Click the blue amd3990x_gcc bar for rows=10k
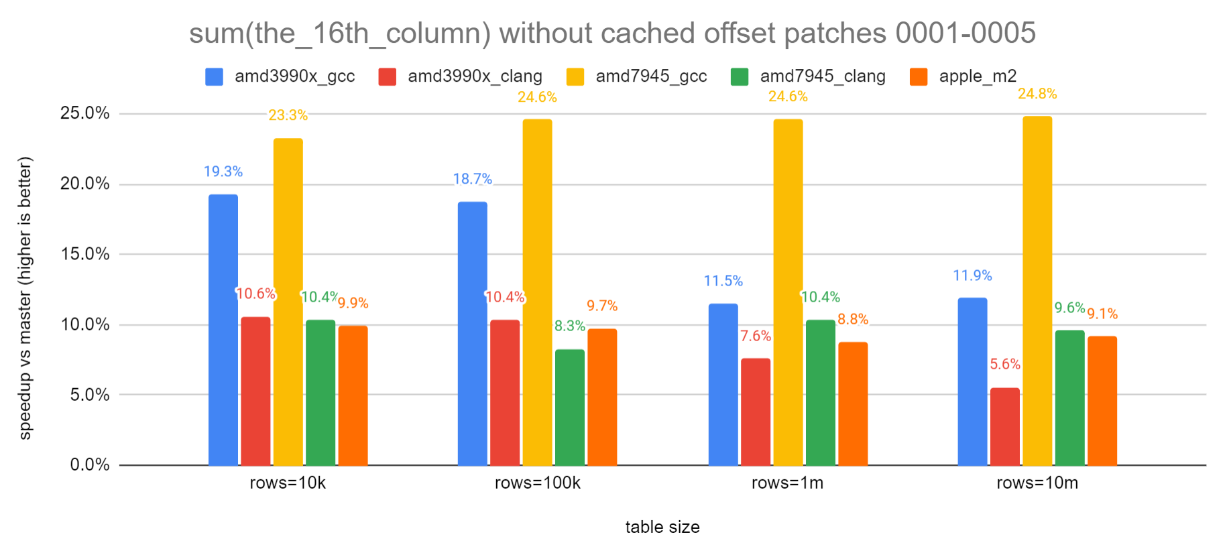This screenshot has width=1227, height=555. click(223, 330)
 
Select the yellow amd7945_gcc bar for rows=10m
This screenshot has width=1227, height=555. click(1037, 291)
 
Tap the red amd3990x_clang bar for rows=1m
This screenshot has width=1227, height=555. click(755, 412)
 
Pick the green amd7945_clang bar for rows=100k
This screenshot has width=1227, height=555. click(569, 407)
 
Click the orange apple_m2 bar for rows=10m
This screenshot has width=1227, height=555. click(1102, 400)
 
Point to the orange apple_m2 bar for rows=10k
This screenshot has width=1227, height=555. click(353, 395)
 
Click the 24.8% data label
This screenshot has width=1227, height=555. click(1037, 94)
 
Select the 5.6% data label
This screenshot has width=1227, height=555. click(1004, 364)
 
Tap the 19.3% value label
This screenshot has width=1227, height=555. click(223, 172)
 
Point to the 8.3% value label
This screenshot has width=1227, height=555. click(569, 326)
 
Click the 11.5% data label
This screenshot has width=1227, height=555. click(723, 281)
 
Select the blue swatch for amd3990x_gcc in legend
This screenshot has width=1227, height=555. click(214, 76)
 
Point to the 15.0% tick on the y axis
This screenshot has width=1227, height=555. click(84, 254)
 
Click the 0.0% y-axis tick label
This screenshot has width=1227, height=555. click(89, 465)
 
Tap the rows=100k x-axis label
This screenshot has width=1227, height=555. click(537, 483)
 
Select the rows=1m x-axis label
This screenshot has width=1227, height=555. click(787, 483)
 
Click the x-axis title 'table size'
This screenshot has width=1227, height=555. click(662, 527)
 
